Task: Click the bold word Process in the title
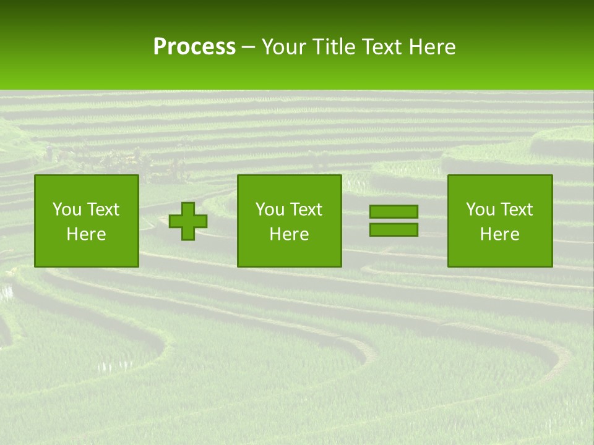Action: point(194,47)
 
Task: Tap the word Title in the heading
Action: point(334,47)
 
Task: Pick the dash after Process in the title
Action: point(248,48)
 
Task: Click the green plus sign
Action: point(188,221)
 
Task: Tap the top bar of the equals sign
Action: point(394,212)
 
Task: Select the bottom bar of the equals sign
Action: point(394,230)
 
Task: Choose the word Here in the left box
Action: point(86,234)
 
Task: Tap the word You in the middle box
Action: point(270,210)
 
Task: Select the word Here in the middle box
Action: point(289,234)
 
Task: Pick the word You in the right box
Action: point(480,210)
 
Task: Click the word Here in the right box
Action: point(499,234)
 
